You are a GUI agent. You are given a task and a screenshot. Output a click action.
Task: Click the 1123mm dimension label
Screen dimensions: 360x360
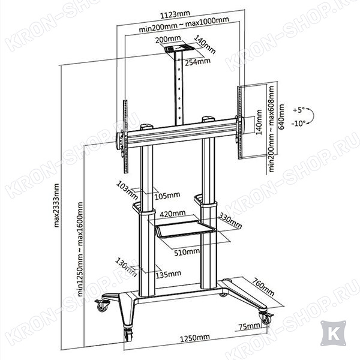[175, 14]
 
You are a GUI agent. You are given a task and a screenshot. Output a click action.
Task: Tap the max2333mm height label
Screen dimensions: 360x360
[56, 205]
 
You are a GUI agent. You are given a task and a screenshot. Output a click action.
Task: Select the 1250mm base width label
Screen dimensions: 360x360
[194, 337]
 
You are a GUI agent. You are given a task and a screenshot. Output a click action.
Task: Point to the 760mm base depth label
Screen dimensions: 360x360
[263, 287]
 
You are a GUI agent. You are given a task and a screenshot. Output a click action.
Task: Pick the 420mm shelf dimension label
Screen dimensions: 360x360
[172, 214]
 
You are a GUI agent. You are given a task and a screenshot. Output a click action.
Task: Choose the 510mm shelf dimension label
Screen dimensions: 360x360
[187, 252]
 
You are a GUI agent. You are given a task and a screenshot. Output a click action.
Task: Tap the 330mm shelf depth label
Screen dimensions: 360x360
[230, 221]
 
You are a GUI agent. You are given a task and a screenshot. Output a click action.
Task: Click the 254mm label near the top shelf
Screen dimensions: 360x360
[197, 62]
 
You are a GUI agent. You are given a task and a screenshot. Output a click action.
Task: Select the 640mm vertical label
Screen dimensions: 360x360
[281, 117]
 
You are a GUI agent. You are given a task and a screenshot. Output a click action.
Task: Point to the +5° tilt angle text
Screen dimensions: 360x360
[299, 110]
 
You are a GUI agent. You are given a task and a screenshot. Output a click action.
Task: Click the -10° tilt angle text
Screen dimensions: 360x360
[299, 124]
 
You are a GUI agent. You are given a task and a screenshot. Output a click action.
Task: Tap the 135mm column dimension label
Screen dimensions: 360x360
[168, 274]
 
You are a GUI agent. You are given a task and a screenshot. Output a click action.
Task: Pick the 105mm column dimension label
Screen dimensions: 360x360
[167, 196]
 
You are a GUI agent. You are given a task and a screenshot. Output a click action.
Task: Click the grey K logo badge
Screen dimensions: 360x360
[333, 334]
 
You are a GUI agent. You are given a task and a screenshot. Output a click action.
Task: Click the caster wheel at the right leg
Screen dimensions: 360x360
[266, 318]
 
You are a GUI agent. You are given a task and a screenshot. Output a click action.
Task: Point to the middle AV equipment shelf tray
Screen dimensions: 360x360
[185, 229]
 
